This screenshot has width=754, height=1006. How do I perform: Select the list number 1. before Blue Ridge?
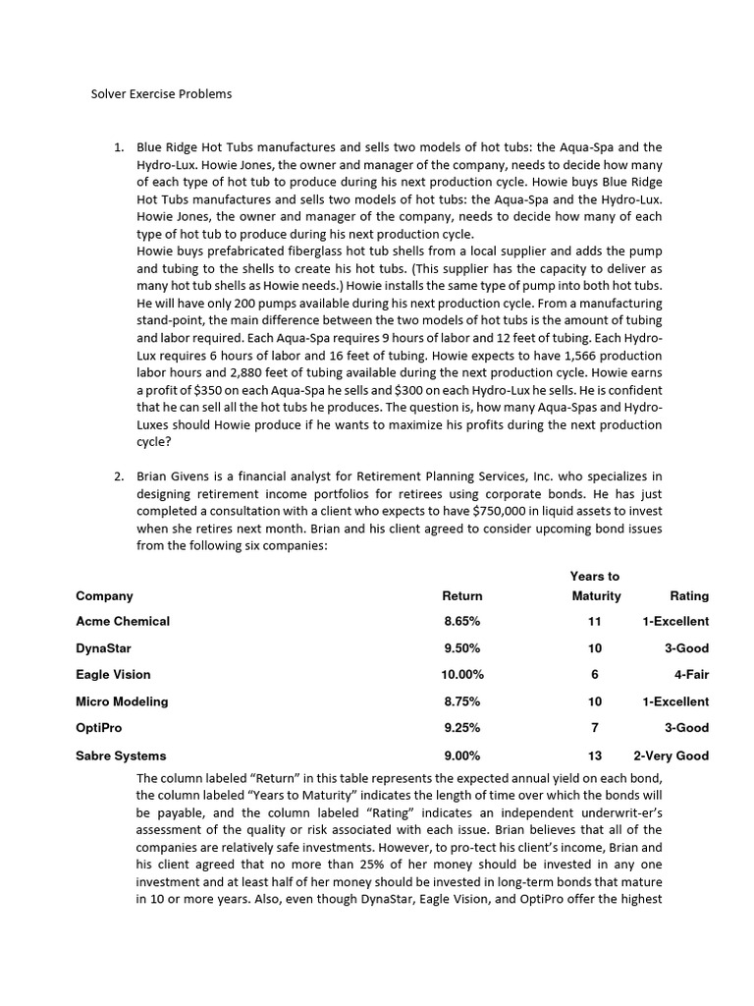[119, 147]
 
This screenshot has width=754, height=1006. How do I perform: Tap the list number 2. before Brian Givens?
[119, 476]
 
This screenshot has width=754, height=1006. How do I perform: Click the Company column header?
[104, 595]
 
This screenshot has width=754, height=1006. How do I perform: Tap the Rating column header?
[688, 595]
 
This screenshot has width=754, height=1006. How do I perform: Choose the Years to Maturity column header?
[596, 586]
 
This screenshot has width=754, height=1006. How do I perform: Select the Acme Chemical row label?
[123, 621]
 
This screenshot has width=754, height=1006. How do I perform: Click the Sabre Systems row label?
[121, 755]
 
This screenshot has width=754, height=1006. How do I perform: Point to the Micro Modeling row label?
[122, 701]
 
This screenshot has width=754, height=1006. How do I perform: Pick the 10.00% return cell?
[462, 675]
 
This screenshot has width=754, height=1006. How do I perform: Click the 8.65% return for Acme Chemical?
[462, 621]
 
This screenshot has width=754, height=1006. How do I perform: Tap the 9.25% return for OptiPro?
[462, 728]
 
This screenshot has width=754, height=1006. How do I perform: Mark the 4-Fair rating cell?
[691, 675]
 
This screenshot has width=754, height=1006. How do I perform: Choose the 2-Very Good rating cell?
[672, 755]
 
